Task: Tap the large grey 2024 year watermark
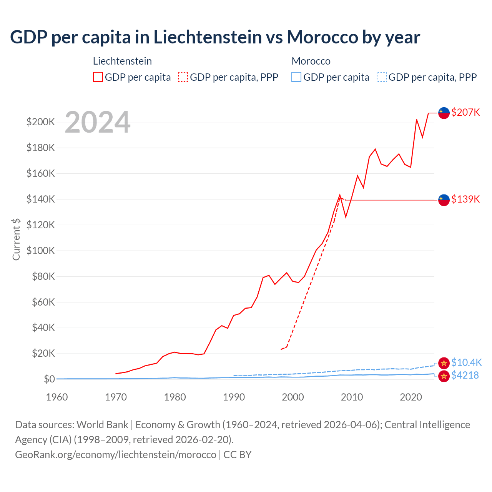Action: [x=98, y=122]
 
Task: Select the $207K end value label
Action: [x=465, y=112]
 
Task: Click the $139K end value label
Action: [x=465, y=199]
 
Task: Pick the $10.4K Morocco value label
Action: [x=466, y=362]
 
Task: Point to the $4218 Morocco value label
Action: [x=465, y=375]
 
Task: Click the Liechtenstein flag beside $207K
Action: [x=444, y=113]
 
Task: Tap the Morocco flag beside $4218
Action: [x=444, y=376]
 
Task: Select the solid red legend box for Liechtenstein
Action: [x=98, y=77]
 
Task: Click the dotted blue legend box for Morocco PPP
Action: [x=382, y=77]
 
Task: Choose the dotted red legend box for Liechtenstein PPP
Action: [x=183, y=77]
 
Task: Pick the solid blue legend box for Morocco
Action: [x=296, y=77]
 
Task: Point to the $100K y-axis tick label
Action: [x=40, y=251]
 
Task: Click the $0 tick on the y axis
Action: [x=49, y=379]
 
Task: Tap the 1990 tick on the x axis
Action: [x=234, y=397]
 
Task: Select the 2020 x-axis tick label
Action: [x=411, y=397]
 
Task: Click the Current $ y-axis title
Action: [x=16, y=239]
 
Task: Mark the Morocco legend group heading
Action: [x=311, y=61]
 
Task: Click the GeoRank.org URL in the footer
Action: [x=116, y=454]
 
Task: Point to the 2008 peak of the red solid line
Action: [x=340, y=195]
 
